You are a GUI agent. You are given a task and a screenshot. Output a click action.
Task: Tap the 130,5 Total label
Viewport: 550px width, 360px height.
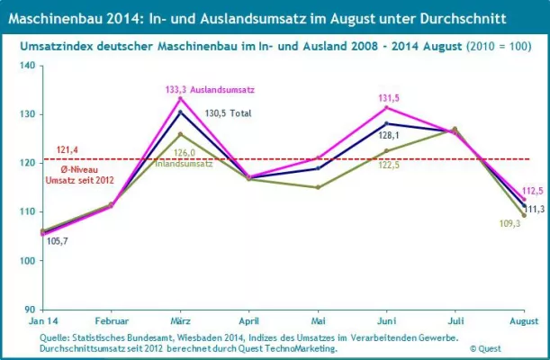228,113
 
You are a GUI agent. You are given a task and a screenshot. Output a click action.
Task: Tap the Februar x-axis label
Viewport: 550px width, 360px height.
111,321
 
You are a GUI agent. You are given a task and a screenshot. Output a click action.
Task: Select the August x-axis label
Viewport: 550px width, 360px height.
525,321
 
